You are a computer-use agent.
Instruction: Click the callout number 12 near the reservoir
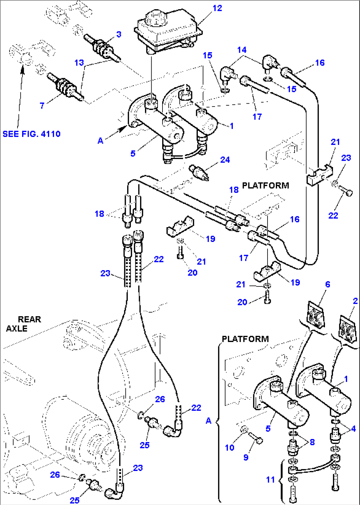click(x=217, y=8)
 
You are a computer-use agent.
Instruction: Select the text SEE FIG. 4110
click(x=31, y=134)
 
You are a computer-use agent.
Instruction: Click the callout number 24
click(x=225, y=160)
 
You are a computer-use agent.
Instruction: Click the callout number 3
click(x=119, y=34)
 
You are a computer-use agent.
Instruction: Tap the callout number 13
click(x=79, y=63)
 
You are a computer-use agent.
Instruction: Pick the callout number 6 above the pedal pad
click(x=327, y=285)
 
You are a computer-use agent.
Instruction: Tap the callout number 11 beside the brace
click(x=270, y=480)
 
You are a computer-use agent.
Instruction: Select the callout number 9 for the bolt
click(x=246, y=457)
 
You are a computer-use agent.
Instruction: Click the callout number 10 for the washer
click(x=230, y=448)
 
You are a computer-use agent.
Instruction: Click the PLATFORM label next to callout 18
click(x=266, y=185)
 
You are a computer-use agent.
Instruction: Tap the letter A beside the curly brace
click(x=208, y=421)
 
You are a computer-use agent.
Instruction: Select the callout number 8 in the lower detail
click(x=312, y=442)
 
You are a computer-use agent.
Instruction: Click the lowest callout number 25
click(x=75, y=500)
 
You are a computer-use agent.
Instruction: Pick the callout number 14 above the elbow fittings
click(x=242, y=50)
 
